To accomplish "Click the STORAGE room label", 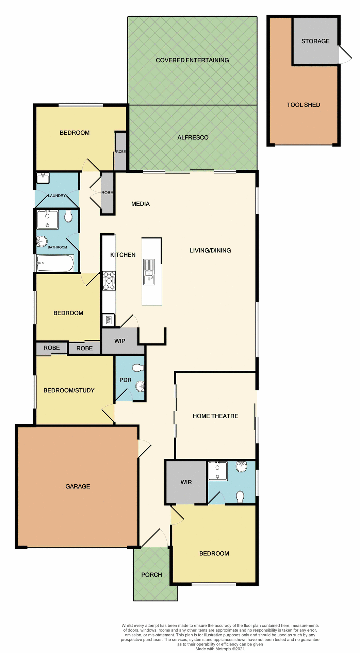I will tap(315, 41).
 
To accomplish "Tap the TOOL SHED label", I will tap(303, 105).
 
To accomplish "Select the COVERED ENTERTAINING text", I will tap(192, 60).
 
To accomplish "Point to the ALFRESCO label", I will tap(193, 137).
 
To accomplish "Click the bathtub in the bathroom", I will tap(55, 263).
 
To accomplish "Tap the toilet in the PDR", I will tap(138, 368).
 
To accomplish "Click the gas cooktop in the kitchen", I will tap(109, 281).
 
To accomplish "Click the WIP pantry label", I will tap(119, 341).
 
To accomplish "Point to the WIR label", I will tap(186, 482).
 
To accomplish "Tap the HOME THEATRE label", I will tap(215, 416).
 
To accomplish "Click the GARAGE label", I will tap(78, 486).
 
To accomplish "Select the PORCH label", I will tap(151, 574).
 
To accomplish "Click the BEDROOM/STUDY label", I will tap(69, 390).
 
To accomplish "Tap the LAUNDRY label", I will tap(56, 196).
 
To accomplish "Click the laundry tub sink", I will tap(43, 178).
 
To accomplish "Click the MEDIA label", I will tap(140, 204).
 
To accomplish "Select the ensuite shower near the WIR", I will tap(217, 471).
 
